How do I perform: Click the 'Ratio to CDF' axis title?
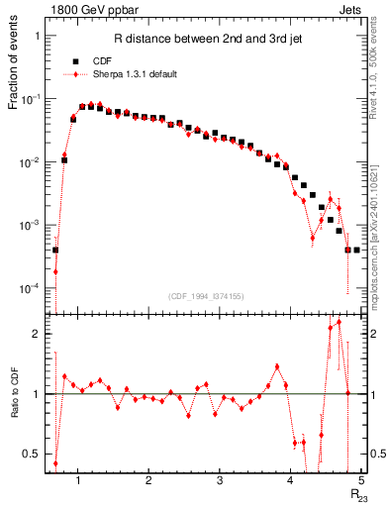click(15, 406)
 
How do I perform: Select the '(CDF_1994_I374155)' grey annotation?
click(205, 296)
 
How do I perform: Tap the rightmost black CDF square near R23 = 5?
click(356, 250)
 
